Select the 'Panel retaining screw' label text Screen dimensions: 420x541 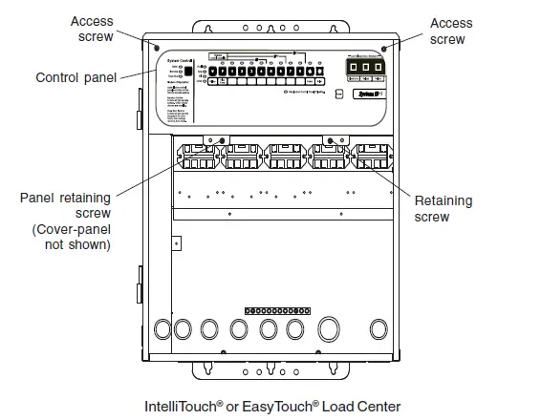tap(65, 205)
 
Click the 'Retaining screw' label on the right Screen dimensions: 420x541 tap(441, 209)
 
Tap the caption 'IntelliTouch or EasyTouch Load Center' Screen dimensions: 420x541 tap(270, 406)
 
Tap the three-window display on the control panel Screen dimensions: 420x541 tap(364, 70)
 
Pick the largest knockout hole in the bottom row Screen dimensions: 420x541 tap(329, 330)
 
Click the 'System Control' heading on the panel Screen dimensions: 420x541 tap(172, 59)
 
